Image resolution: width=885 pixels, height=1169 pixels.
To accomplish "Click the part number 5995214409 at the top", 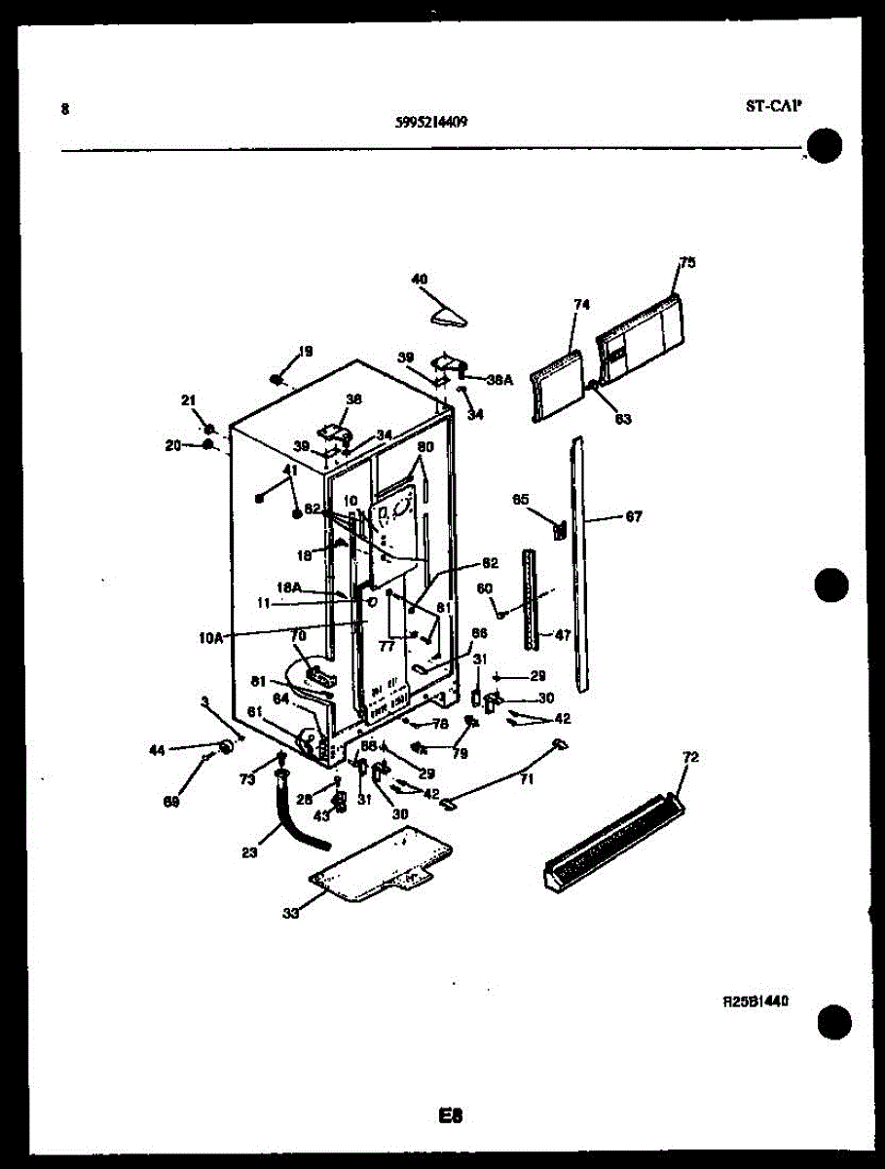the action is (431, 122).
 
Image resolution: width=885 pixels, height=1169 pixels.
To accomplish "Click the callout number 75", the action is (687, 262).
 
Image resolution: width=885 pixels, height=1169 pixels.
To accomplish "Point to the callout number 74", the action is (581, 305).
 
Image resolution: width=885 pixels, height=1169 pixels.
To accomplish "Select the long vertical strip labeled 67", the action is (581, 565).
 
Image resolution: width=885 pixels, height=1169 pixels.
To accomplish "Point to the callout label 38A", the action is (498, 381).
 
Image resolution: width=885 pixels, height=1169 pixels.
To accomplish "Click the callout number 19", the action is (306, 352).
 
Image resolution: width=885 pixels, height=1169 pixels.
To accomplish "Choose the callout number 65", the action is (520, 500).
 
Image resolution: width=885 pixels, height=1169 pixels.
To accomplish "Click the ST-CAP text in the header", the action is (774, 108).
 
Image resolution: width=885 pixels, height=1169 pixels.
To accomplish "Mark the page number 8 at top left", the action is (65, 109).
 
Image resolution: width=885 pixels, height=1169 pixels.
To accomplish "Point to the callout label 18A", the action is (291, 588).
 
